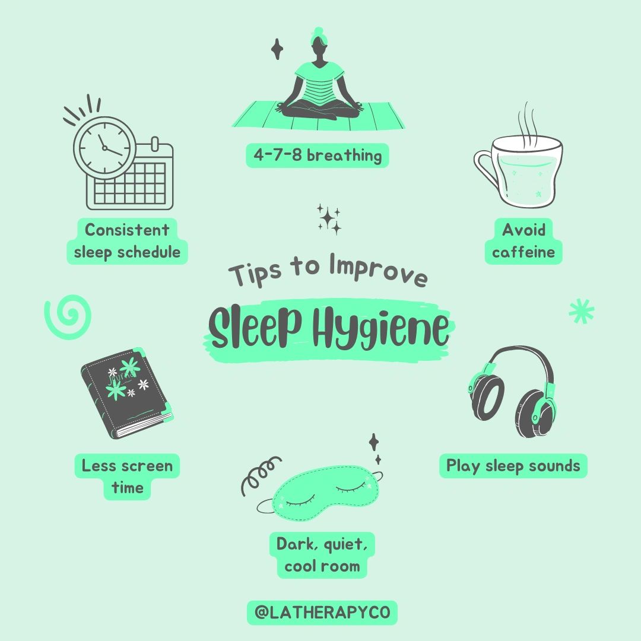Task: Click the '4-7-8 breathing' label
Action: (x=317, y=156)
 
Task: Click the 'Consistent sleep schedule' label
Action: (x=127, y=241)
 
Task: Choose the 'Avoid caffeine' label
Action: (x=523, y=241)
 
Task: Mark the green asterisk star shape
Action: (x=581, y=311)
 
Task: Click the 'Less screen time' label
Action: (x=127, y=477)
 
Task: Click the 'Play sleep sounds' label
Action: (x=513, y=466)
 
